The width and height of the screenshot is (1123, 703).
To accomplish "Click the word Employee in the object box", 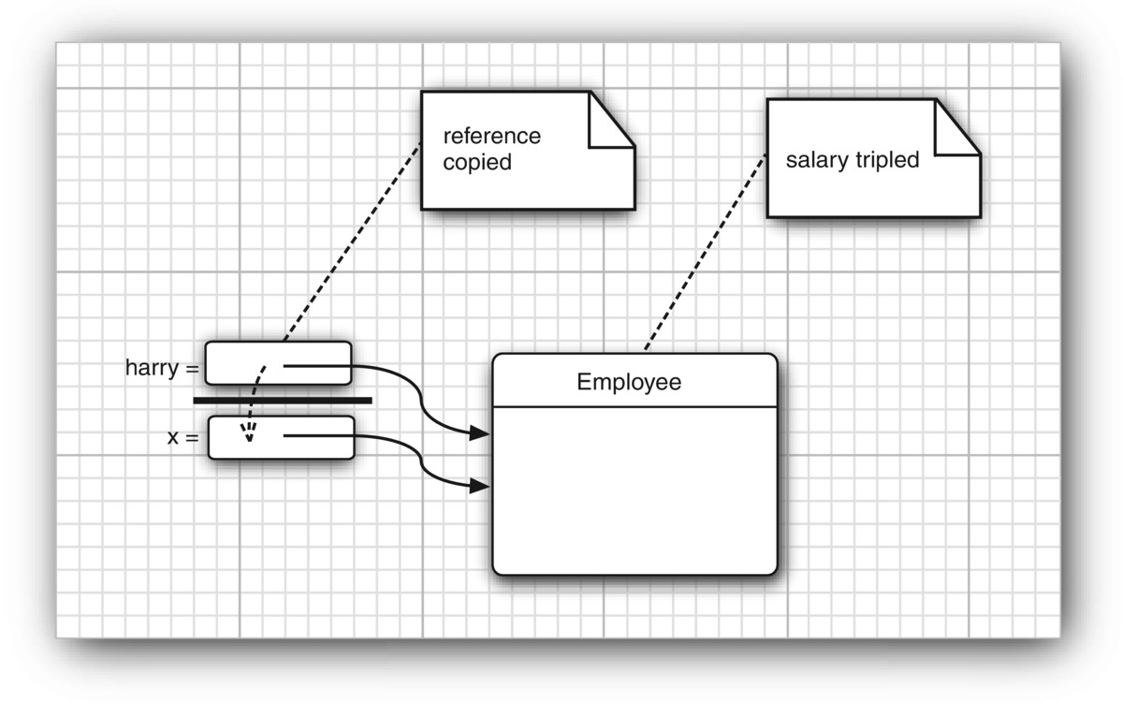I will click(629, 382).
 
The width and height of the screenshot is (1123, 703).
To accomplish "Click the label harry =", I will click(162, 368).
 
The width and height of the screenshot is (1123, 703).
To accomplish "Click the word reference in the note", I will click(491, 136).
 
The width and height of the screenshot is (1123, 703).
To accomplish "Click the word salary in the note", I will click(816, 159).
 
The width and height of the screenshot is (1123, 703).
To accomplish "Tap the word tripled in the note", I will click(886, 159).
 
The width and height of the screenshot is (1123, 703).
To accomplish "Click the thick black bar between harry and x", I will click(283, 401).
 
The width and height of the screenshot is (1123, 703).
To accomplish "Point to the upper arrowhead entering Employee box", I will click(479, 433).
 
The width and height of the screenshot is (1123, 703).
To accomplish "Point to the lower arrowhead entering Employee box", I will click(479, 485).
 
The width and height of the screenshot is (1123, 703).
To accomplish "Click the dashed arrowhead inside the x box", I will click(248, 432).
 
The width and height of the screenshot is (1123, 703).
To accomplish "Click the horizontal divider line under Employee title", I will click(634, 407).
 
